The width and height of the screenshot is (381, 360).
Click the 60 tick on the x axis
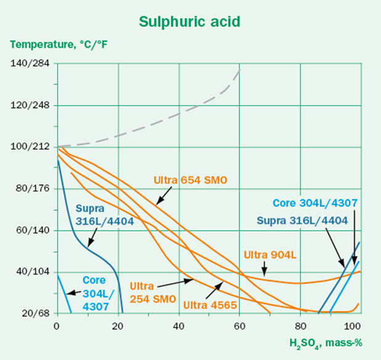pos(240,325)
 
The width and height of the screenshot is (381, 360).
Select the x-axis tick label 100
pos(353,325)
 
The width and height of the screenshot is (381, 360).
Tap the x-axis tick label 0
pos(57,325)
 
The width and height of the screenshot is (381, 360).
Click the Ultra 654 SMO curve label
pos(190,180)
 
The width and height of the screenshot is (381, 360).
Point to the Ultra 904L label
pos(269,254)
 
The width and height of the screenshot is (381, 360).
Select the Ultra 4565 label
pos(209,303)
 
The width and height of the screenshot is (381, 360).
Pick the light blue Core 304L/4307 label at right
pos(315,203)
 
